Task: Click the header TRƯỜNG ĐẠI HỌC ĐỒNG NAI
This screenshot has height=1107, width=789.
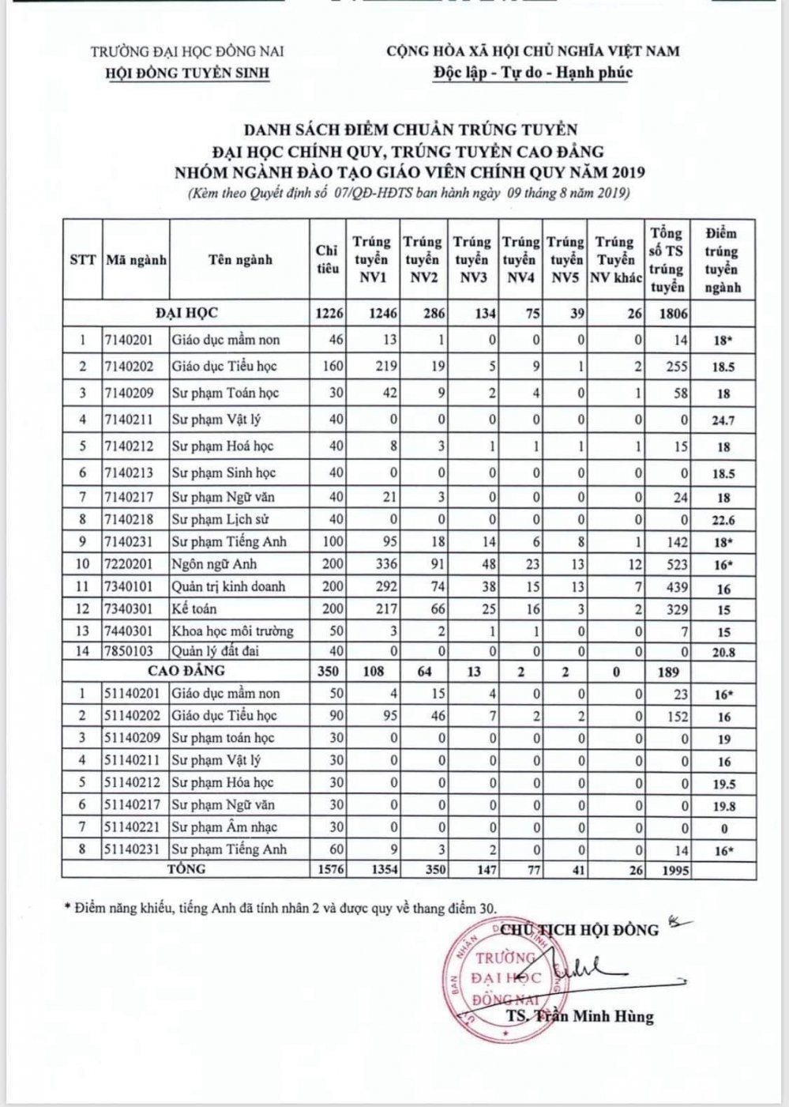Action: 187,52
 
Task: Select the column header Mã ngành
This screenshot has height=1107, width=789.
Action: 136,260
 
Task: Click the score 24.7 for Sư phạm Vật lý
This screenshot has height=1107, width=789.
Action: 723,420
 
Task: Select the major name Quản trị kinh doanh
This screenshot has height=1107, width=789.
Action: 228,586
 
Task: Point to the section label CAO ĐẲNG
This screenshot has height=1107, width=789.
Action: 186,671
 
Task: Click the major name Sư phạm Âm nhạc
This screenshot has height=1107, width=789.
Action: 224,827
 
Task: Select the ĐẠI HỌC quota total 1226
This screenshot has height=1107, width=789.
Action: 329,313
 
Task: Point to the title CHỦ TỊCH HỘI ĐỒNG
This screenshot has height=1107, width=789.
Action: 579,929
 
